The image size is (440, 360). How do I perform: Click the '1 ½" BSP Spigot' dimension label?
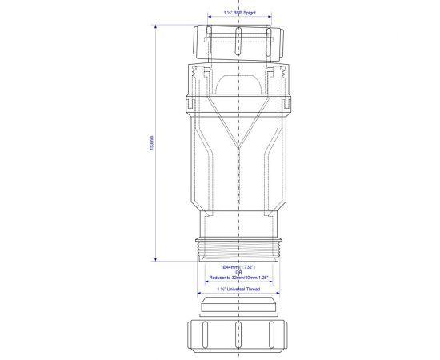pyautogui.click(x=238, y=14)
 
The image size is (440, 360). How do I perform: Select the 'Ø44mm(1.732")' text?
pyautogui.click(x=238, y=266)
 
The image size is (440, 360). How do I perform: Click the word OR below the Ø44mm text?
pyautogui.click(x=238, y=272)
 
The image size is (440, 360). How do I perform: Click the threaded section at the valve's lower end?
pyautogui.click(x=238, y=247)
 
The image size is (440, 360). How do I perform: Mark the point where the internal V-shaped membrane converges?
pyautogui.click(x=238, y=149)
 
